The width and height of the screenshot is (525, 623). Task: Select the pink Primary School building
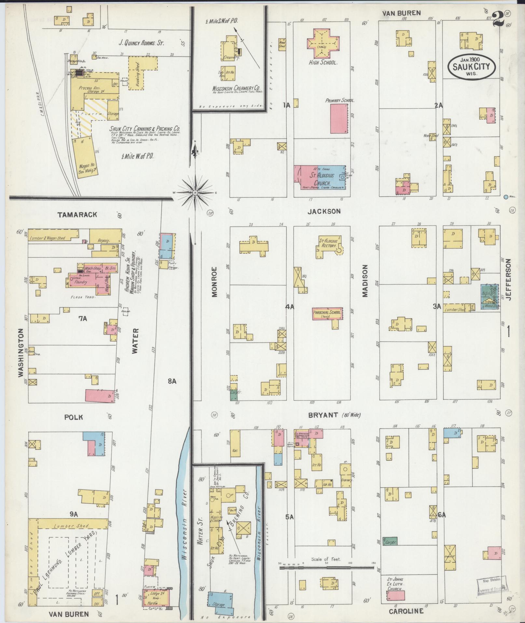(x=339, y=119)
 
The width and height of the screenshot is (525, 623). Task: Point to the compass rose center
(x=195, y=193)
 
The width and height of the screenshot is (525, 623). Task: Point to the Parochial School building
(x=327, y=313)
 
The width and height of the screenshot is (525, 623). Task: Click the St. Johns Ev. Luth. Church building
(x=396, y=596)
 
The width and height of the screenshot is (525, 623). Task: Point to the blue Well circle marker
(x=505, y=197)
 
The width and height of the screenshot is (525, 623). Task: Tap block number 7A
(x=83, y=319)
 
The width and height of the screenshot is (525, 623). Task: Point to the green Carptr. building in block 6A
(x=390, y=541)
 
